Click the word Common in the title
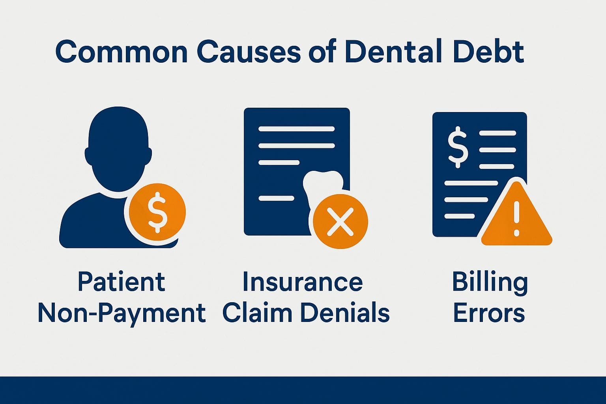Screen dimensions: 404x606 click(121, 52)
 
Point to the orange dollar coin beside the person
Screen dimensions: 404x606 click(157, 212)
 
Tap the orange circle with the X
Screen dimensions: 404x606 click(340, 221)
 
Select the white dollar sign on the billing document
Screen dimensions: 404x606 click(458, 147)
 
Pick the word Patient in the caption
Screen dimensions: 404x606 click(121, 282)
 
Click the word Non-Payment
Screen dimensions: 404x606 click(121, 313)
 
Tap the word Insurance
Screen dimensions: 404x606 click(302, 282)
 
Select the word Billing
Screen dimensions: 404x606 click(490, 282)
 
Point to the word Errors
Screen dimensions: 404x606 click(489, 313)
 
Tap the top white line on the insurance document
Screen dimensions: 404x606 click(296, 129)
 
